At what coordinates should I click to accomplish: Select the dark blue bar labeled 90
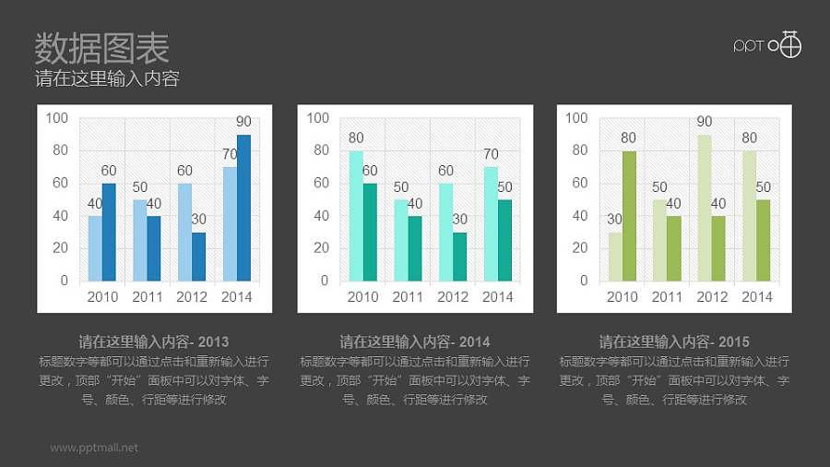click(243, 208)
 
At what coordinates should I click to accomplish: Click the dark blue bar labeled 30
click(198, 257)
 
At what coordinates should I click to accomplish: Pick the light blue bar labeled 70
click(230, 224)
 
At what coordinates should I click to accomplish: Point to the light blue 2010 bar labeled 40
click(95, 248)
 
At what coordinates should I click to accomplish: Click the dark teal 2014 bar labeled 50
click(504, 240)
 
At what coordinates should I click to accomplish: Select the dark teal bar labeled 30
click(459, 257)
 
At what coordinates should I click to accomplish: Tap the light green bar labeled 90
click(705, 208)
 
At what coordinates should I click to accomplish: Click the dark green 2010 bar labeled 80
click(629, 216)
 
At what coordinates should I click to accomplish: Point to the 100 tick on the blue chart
click(57, 118)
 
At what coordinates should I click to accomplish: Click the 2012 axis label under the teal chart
click(453, 297)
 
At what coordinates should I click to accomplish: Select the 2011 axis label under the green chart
click(667, 297)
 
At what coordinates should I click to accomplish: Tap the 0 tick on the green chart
click(583, 281)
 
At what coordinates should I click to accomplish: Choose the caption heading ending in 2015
click(674, 341)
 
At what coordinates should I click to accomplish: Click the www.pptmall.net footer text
click(94, 448)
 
